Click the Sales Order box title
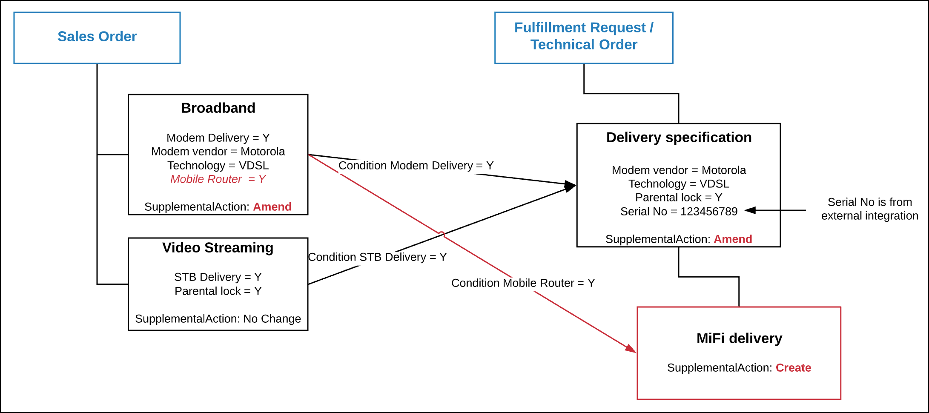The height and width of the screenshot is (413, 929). [97, 37]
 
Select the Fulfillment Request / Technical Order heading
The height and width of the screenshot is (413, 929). [584, 36]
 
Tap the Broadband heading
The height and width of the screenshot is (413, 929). [218, 108]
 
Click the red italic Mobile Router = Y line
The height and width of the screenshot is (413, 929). [218, 179]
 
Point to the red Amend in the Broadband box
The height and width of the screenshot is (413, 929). [272, 207]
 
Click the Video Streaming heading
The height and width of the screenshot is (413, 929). [218, 248]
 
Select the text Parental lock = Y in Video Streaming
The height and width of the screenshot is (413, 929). [218, 291]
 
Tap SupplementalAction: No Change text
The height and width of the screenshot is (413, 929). [218, 319]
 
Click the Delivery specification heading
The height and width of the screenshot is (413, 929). [679, 138]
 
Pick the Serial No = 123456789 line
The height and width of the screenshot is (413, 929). [679, 212]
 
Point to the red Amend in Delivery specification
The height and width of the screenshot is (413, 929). [733, 239]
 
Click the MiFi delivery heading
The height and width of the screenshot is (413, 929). [739, 338]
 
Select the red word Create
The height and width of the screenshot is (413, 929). [793, 368]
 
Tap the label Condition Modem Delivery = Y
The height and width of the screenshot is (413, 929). [416, 166]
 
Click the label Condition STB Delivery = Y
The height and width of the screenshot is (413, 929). [377, 257]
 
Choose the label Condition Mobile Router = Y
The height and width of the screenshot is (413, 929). [523, 283]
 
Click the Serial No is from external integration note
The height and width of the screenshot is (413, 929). [869, 209]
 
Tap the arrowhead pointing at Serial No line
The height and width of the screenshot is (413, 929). [750, 210]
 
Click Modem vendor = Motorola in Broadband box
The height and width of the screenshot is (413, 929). [218, 152]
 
